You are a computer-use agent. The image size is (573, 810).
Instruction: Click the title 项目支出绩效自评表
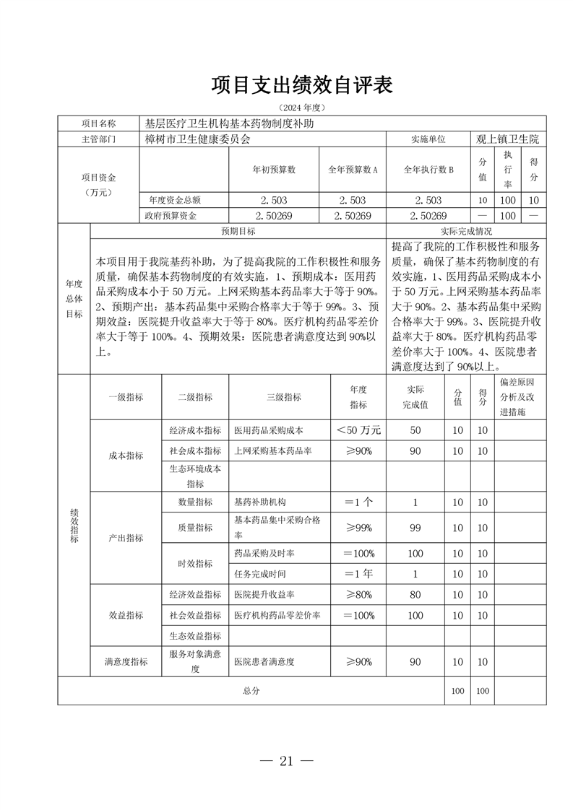click(x=301, y=85)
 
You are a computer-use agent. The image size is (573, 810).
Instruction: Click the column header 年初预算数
click(x=273, y=170)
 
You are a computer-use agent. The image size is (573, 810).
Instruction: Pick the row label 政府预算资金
click(x=172, y=215)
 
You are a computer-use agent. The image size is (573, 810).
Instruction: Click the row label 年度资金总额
click(x=172, y=200)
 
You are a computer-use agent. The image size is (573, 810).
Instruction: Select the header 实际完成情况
click(x=466, y=232)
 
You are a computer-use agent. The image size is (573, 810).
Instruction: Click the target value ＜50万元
click(x=358, y=430)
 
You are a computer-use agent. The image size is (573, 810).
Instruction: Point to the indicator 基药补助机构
click(x=259, y=502)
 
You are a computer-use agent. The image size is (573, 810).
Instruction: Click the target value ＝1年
click(x=358, y=574)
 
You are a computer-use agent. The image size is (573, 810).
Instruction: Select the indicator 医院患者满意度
click(x=264, y=661)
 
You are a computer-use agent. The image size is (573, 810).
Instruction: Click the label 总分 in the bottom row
click(x=251, y=691)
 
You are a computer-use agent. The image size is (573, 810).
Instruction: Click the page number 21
click(x=286, y=761)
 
